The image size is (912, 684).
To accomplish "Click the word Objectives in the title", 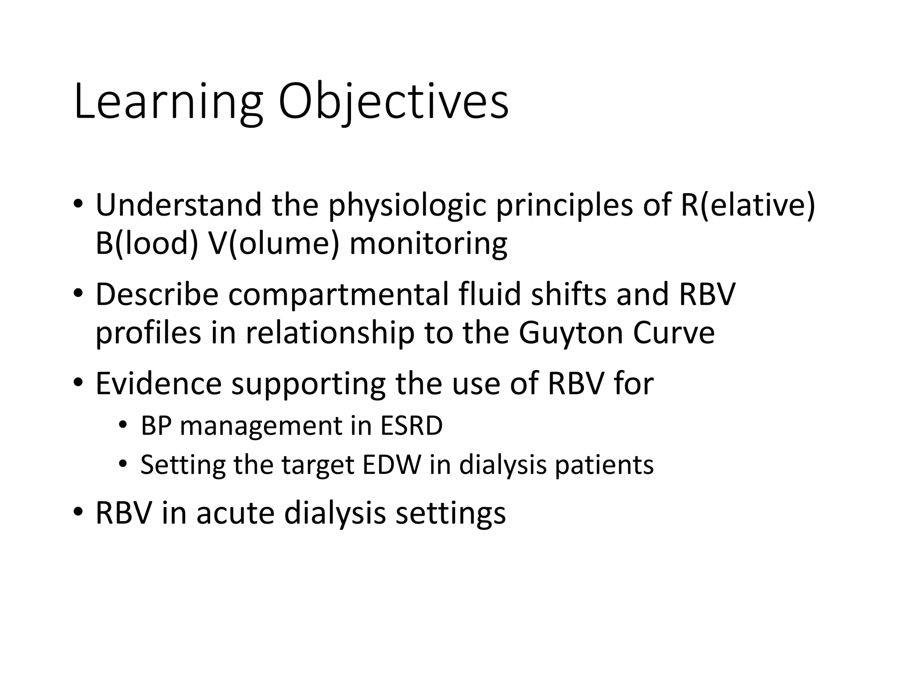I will [393, 102].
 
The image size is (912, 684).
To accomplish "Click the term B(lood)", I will [147, 244].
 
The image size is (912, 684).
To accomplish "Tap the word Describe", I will [157, 294].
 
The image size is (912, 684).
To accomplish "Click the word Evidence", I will [159, 383].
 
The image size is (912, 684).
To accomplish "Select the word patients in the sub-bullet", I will [604, 465].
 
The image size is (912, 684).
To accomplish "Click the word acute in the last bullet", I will [235, 513].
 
